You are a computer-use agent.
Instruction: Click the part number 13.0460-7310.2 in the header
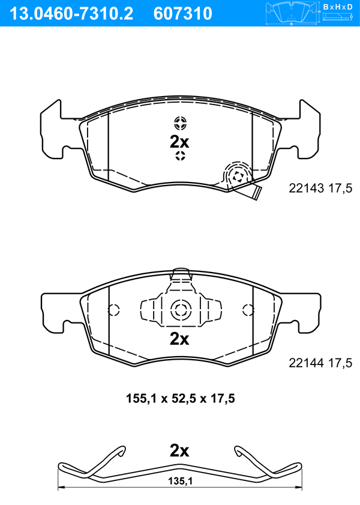[x=71, y=14]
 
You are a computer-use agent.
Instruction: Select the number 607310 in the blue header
[x=183, y=14]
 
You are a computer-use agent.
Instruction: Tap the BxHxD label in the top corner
[x=338, y=7]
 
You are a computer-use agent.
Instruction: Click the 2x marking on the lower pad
[x=179, y=339]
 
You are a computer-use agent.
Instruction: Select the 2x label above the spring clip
[x=179, y=451]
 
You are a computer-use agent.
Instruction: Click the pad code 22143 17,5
[x=320, y=188]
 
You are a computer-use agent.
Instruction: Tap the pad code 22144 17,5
[x=320, y=363]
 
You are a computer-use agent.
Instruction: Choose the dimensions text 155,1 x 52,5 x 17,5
[x=180, y=399]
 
